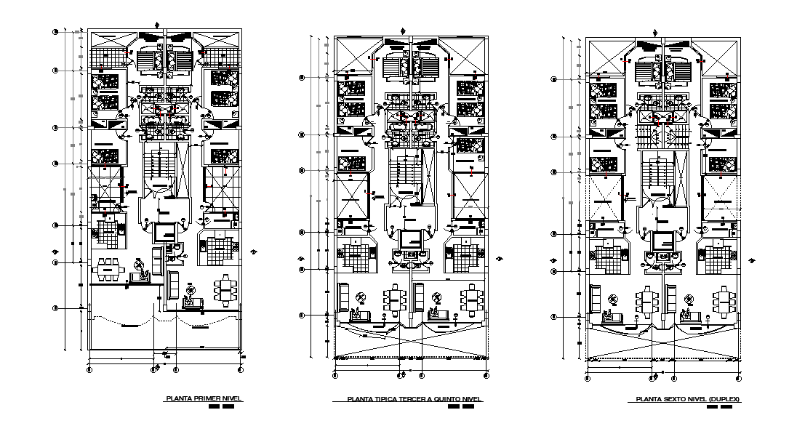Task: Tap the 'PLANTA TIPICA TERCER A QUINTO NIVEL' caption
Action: click(x=414, y=399)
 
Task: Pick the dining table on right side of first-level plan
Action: click(x=225, y=288)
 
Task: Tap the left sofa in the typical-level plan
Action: click(x=344, y=297)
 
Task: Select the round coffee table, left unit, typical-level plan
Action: click(x=361, y=298)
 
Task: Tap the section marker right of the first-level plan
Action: click(x=254, y=252)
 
